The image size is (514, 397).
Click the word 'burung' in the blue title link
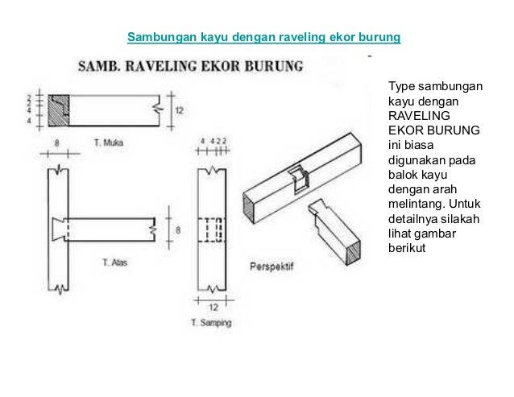pyautogui.click(x=383, y=38)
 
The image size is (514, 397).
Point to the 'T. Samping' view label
pyautogui.click(x=211, y=323)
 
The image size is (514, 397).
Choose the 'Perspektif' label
pyautogui.click(x=270, y=265)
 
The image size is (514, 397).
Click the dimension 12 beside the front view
pyautogui.click(x=179, y=109)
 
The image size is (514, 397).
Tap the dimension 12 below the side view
pyautogui.click(x=213, y=308)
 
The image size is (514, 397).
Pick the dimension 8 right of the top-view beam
pyautogui.click(x=178, y=230)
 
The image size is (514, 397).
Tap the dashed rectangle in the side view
pyautogui.click(x=213, y=230)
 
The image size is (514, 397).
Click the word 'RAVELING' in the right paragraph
pyautogui.click(x=414, y=114)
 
